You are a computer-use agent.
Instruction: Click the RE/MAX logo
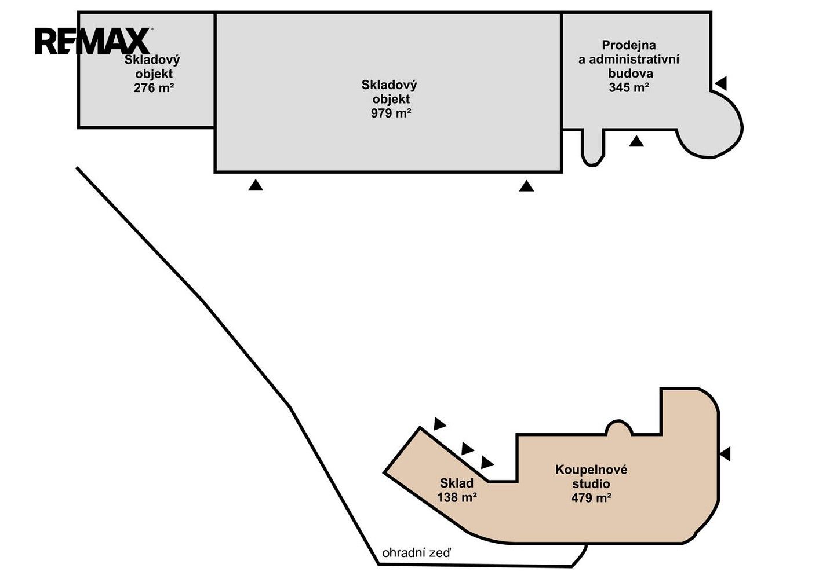93,41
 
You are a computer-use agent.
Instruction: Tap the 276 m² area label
154,88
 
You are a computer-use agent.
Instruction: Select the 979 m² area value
391,113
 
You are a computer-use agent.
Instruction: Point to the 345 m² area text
629,87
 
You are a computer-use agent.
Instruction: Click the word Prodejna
629,45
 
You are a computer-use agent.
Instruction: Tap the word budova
631,74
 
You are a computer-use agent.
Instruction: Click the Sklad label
457,483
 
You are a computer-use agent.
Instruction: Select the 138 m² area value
457,497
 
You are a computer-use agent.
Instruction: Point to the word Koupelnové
591,470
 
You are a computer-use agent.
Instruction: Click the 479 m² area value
591,498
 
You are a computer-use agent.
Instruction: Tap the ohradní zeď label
416,553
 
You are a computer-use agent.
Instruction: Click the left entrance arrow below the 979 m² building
256,185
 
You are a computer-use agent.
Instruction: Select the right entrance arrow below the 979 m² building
526,186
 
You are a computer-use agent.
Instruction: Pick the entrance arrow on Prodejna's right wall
721,83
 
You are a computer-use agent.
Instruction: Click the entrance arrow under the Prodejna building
636,141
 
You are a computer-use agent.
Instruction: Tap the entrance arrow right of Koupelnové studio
726,454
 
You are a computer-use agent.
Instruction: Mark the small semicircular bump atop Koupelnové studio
618,427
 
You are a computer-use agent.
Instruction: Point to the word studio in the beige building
591,484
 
